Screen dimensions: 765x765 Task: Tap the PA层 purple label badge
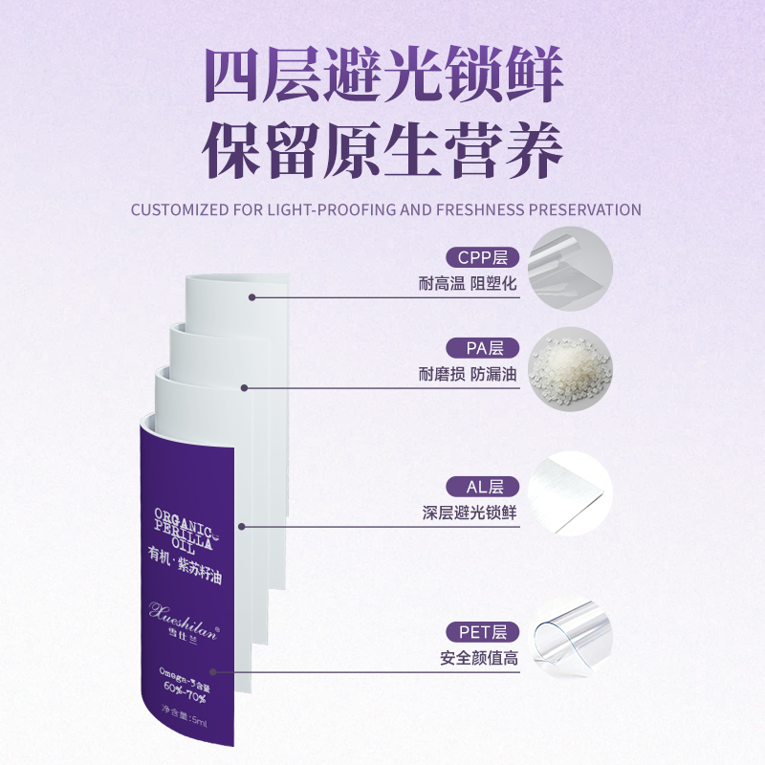click(481, 348)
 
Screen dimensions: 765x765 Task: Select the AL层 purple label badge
click(481, 486)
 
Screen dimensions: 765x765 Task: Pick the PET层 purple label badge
click(481, 632)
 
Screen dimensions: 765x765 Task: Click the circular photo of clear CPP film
click(571, 268)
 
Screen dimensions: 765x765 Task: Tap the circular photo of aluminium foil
click(571, 493)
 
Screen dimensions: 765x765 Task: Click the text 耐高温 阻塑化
click(468, 285)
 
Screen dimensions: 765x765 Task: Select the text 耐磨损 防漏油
click(468, 375)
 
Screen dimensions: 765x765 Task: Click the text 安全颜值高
click(478, 659)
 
